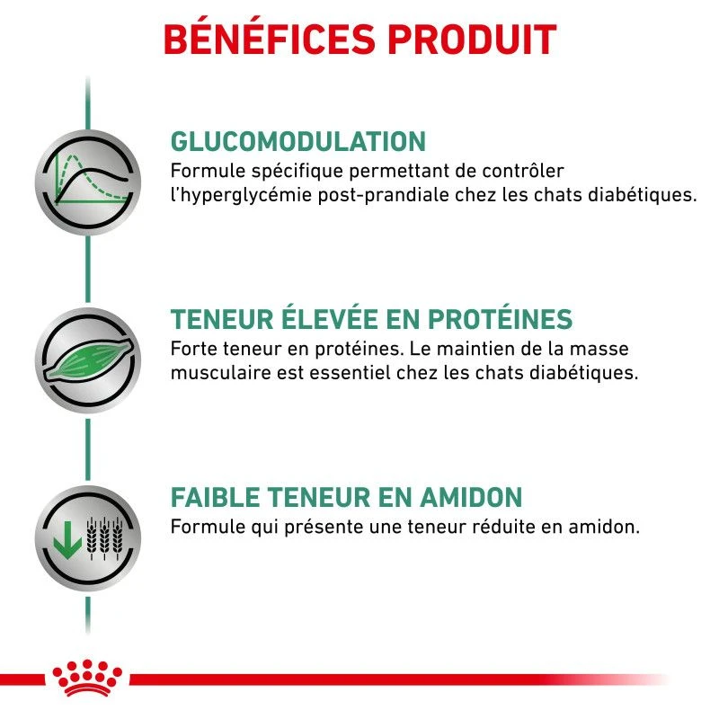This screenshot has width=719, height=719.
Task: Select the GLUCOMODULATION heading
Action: tap(297, 142)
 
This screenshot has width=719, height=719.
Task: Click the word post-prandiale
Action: tap(381, 194)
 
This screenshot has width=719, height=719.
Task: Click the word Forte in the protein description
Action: tap(191, 348)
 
